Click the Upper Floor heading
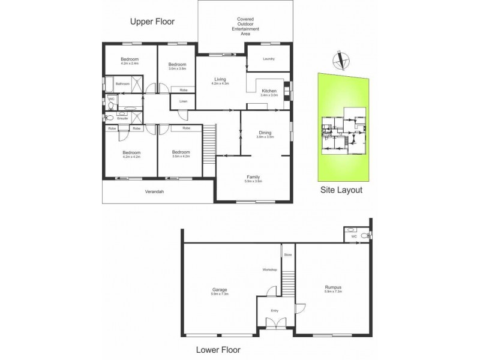[152, 22]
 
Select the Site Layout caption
[341, 190]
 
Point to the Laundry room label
[268, 59]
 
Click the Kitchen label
[269, 91]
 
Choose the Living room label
[220, 79]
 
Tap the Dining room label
[265, 132]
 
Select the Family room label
[253, 176]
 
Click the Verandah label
[154, 192]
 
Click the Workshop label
[269, 270]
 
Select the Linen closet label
[182, 101]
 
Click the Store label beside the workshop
[288, 255]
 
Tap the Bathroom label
[122, 84]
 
